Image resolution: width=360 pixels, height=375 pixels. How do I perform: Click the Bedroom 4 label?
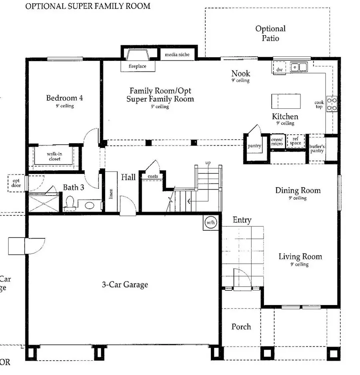(x=64, y=98)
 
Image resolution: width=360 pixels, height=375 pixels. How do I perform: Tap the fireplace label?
(x=137, y=66)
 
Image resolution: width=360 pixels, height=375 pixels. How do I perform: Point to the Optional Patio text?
(x=270, y=33)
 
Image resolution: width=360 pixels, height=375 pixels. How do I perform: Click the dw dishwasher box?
(x=280, y=70)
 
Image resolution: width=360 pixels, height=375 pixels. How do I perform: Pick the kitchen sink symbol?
(x=298, y=67)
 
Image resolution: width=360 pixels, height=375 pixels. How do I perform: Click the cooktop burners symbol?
(x=332, y=104)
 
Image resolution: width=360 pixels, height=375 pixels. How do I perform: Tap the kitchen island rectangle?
(x=286, y=101)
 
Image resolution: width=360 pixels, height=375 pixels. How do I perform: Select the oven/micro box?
(x=277, y=142)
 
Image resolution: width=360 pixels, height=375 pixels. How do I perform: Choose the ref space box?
(x=295, y=141)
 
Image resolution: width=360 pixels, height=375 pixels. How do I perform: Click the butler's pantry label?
(x=317, y=149)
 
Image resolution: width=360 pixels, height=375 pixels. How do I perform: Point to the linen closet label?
(x=110, y=194)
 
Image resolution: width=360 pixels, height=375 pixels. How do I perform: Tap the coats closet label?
(x=152, y=176)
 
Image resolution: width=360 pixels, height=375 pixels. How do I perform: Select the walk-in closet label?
(x=54, y=156)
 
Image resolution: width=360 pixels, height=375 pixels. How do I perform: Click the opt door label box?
(x=16, y=183)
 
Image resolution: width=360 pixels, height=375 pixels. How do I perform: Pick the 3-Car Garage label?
(x=124, y=285)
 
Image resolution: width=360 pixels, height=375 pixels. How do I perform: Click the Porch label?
(x=241, y=327)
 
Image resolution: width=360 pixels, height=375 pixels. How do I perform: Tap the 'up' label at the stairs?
(x=208, y=163)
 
